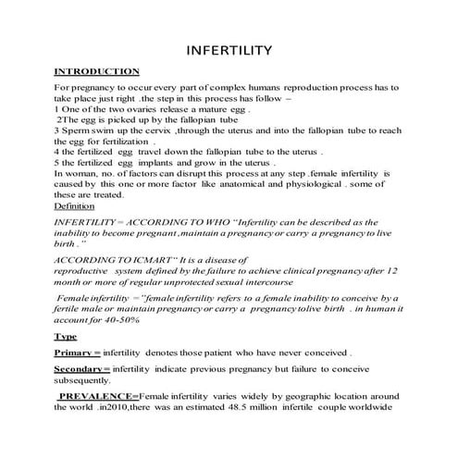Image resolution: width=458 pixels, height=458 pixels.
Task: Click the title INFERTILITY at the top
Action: point(229,48)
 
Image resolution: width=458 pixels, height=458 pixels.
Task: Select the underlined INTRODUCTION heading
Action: point(97,71)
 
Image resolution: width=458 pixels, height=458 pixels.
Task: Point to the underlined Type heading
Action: point(66,336)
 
